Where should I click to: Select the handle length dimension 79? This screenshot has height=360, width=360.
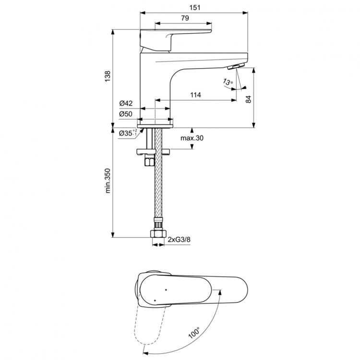coord(184,18)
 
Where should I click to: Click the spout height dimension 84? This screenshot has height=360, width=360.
coord(248,99)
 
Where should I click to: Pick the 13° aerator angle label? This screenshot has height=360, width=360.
coord(228,83)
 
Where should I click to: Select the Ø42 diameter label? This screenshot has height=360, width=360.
coord(126,103)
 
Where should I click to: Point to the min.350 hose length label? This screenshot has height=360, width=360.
coord(108,180)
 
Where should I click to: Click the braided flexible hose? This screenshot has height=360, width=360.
coord(158,192)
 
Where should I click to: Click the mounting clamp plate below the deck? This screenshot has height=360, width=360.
coord(154,153)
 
